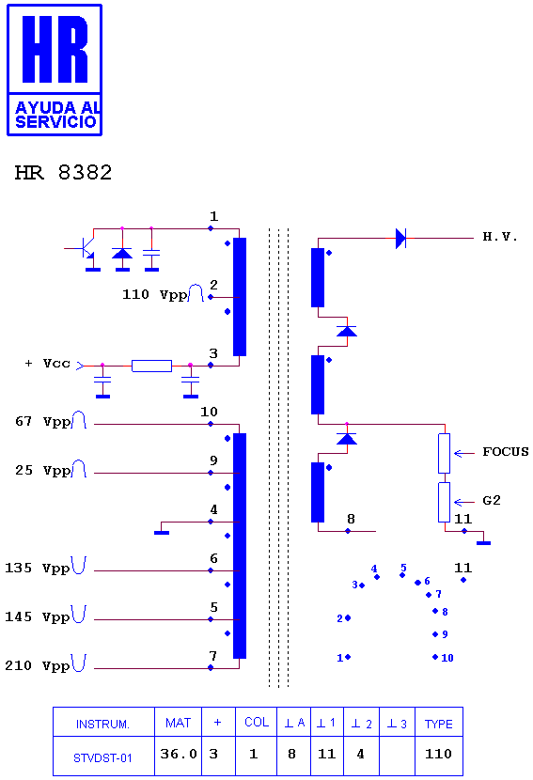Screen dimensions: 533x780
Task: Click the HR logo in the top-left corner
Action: pos(55,70)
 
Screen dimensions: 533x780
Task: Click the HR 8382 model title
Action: pos(63,173)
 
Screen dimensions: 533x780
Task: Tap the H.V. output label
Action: pos(500,237)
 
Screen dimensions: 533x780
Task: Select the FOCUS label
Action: pos(505,452)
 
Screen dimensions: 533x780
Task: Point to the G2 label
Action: pos(492,501)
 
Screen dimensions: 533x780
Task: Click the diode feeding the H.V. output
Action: pos(400,239)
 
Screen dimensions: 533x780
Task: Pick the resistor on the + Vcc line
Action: pos(151,367)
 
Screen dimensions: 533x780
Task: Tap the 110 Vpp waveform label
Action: pos(163,294)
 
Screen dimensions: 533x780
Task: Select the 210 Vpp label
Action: pos(45,664)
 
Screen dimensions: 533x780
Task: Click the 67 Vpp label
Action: pos(50,421)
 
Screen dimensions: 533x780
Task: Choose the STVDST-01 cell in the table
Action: pos(102,758)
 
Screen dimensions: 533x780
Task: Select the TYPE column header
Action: pos(438,724)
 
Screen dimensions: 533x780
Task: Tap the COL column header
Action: pos(257,722)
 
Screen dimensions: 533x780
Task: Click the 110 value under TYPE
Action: pos(438,754)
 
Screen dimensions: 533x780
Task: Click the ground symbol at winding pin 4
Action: pos(162,532)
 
